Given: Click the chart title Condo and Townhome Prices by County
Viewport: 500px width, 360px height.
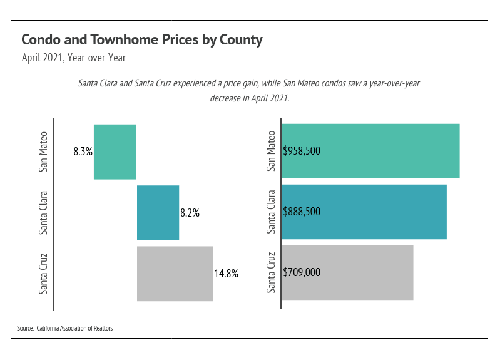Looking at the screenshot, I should (x=141, y=40).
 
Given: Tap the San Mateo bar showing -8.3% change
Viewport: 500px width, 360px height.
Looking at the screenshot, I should (x=115, y=152).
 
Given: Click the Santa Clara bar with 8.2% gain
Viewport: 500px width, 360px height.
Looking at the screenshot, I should (x=158, y=212).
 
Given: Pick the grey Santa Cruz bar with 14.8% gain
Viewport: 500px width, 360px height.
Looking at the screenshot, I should (x=175, y=273).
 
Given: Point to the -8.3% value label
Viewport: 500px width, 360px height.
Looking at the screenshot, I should (x=81, y=152).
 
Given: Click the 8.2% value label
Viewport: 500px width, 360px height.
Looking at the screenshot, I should (x=190, y=213).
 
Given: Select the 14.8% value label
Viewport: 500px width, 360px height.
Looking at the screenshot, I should (x=226, y=274).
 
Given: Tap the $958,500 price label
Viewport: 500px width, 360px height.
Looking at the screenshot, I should (x=302, y=151).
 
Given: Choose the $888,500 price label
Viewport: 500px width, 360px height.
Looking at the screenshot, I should (x=302, y=212).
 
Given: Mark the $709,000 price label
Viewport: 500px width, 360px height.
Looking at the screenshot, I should (x=302, y=272).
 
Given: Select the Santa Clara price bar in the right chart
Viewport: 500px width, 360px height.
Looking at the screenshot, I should (x=375, y=212).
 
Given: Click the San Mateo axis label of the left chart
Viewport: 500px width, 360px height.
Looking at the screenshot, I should (x=43, y=151).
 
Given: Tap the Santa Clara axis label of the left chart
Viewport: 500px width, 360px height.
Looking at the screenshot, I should (x=43, y=212).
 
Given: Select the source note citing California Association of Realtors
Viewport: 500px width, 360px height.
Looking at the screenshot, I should (x=65, y=328).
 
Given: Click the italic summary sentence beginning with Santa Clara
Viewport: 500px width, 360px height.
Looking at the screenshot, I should (x=249, y=91).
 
